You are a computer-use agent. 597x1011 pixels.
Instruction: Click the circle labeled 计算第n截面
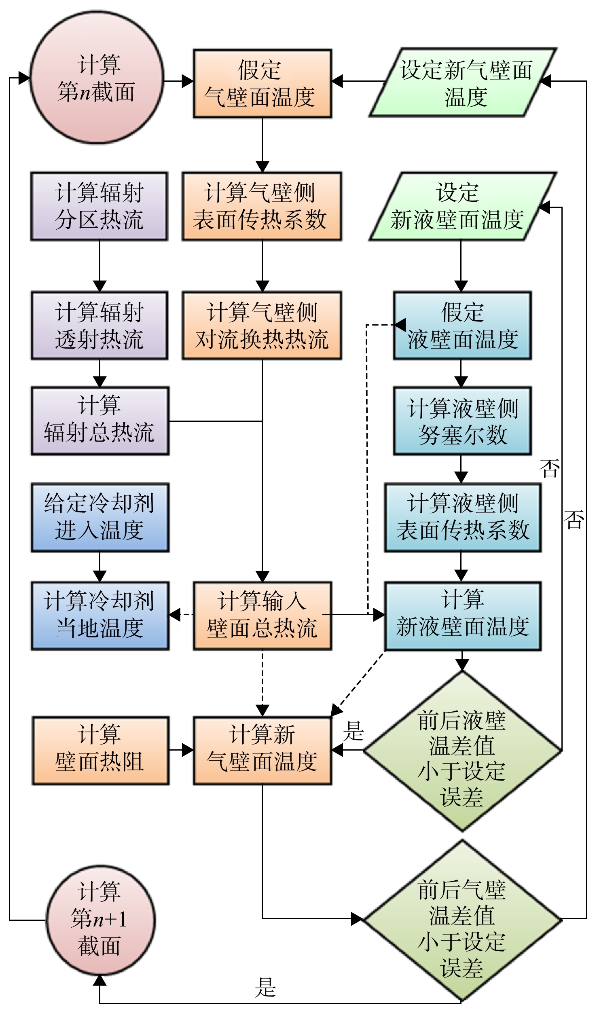pos(97,77)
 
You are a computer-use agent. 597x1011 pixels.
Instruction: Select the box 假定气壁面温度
pos(263,84)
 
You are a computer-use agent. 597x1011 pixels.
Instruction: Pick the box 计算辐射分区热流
pos(99,207)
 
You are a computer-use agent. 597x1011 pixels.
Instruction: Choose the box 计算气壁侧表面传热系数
pos(262,207)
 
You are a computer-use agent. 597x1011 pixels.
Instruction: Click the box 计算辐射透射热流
pos(99,326)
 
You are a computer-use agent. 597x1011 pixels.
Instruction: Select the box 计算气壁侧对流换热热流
pos(262,326)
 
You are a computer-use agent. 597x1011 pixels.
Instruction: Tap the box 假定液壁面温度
pos(463,326)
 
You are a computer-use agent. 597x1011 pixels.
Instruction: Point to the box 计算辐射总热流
pos(100,421)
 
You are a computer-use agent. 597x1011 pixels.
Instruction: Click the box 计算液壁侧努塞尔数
pos(463,421)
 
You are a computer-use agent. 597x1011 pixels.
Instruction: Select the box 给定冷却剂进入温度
pos(100,517)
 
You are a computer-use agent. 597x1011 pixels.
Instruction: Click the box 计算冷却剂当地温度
pos(100,616)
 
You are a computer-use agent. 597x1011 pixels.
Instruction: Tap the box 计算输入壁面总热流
pos(263,616)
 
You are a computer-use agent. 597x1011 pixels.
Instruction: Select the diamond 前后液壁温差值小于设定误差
pos(463,751)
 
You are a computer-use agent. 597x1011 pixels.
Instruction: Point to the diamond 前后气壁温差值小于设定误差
pos(463,920)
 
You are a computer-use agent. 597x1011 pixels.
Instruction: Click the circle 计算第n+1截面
pos(100,920)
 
